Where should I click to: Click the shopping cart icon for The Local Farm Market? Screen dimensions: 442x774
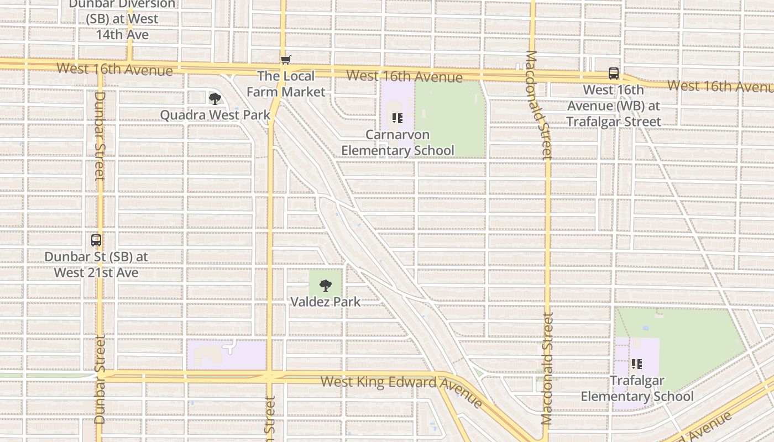(285, 60)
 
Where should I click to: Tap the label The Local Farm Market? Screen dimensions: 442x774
(286, 84)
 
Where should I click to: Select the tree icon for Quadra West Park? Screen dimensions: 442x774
(215, 99)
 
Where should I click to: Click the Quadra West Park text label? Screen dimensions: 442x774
(215, 115)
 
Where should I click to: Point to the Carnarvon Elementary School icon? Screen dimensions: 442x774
(397, 118)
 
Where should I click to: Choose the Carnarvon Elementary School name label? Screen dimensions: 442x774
(398, 143)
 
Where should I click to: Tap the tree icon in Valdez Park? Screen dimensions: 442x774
(326, 286)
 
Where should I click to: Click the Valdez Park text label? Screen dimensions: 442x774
(326, 302)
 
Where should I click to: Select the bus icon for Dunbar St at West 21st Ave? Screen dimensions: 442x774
(96, 240)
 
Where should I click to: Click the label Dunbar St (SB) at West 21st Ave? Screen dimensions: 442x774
(96, 265)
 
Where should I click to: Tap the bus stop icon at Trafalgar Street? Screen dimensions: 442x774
(614, 73)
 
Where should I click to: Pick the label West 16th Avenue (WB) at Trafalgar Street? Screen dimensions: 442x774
(614, 106)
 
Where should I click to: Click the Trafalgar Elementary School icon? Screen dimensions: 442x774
(637, 364)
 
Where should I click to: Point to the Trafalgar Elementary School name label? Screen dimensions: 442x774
(637, 388)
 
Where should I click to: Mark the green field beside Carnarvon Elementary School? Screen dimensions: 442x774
(451, 119)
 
